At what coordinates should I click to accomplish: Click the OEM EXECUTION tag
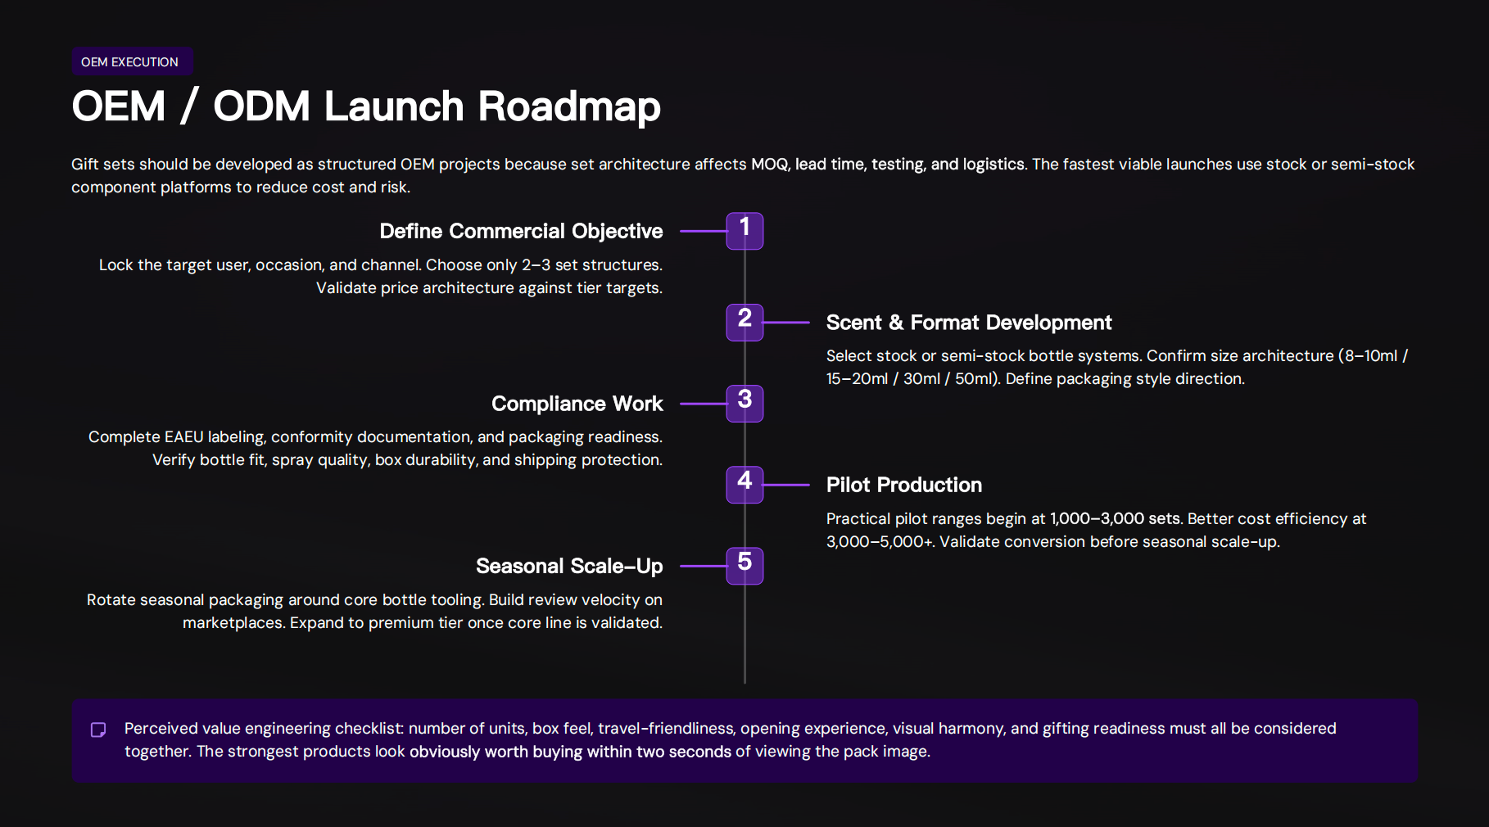pos(129,62)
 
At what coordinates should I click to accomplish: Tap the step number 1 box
pos(744,231)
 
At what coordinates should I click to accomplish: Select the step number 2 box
pos(744,322)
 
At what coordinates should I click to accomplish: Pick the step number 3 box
pos(744,403)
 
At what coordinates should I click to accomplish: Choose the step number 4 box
pos(744,485)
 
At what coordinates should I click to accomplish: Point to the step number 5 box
pos(744,566)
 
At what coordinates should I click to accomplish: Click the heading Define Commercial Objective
pos(521,232)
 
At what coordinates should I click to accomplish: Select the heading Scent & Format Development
pos(968,323)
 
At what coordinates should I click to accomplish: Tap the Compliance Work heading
pos(577,404)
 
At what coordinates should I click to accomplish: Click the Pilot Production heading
pos(903,485)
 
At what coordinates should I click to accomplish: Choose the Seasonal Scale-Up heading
pos(569,567)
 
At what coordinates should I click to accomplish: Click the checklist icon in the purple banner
pos(98,730)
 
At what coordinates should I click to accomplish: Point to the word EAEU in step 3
pos(183,437)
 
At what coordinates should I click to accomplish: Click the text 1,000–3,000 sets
pos(1115,519)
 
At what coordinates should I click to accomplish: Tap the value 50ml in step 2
pos(974,379)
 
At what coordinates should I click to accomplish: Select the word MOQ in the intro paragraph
pos(769,165)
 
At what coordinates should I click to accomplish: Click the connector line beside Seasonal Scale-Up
pos(703,566)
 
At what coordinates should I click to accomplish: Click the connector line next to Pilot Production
pos(786,485)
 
